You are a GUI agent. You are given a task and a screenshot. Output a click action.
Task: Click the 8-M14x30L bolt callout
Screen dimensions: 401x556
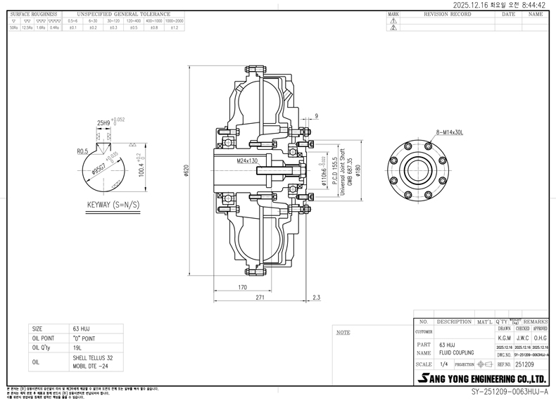449,132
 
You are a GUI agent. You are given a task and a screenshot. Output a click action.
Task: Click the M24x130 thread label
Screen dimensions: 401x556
248,161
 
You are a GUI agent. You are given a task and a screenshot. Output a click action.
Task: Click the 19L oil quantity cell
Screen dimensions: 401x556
77,347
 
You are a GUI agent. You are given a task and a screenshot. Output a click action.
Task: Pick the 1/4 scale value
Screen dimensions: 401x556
443,364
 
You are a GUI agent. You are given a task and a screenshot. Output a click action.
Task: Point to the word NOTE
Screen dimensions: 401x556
343,332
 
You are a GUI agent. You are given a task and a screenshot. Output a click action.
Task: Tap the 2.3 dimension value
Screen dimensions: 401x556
317,298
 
